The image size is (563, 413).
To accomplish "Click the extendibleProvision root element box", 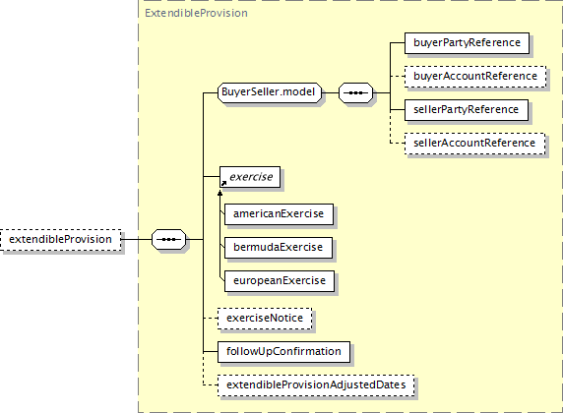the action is tap(60, 239).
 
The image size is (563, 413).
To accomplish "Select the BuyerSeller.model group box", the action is tap(270, 92).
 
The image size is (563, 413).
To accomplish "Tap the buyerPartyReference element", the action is tap(467, 43).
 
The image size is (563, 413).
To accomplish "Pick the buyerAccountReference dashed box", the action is tap(475, 77).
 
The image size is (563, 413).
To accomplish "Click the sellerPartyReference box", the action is tap(467, 110).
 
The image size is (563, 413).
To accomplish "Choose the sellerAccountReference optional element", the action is tap(474, 144).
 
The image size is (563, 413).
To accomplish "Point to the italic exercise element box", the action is tap(250, 177).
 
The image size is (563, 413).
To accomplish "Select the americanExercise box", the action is tap(279, 214).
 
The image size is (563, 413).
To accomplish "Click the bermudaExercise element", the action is tap(279, 248).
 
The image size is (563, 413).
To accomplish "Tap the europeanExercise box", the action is tap(280, 281).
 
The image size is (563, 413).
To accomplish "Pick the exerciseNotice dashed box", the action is tap(265, 319).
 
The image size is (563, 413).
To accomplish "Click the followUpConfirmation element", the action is tap(283, 352).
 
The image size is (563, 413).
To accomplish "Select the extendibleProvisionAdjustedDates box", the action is tap(316, 385).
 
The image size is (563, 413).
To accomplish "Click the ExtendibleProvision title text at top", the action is tap(196, 14).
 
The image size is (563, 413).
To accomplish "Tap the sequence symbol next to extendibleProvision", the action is tap(168, 239).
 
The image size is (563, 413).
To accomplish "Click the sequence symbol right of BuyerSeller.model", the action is tap(356, 93).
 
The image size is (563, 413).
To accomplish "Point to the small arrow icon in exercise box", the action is tap(223, 183).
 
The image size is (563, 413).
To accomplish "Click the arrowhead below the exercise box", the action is tap(220, 193).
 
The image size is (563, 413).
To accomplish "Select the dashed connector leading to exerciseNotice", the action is tap(211, 319).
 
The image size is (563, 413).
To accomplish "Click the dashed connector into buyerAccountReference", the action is tap(398, 77).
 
